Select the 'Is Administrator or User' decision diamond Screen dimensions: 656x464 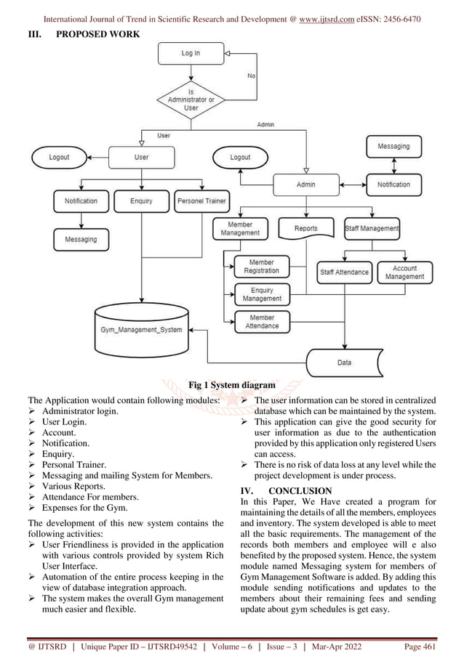click(191, 100)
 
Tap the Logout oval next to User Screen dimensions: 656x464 click(59, 157)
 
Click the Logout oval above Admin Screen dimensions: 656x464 click(240, 157)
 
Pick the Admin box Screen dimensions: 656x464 click(305, 185)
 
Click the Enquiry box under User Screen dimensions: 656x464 click(141, 201)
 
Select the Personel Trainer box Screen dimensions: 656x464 click(200, 201)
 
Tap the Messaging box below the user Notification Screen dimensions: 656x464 click(81, 239)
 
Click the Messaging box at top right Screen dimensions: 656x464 click(393, 146)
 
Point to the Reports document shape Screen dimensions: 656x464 click(305, 229)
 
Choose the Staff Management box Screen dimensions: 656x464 click(372, 229)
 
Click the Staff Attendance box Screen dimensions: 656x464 click(345, 272)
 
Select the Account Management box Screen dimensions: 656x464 click(404, 272)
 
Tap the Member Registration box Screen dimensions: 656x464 click(262, 266)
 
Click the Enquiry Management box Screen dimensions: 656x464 click(262, 294)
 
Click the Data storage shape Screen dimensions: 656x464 click(345, 361)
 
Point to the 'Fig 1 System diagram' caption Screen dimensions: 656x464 click(231, 384)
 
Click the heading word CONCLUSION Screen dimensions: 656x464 click(300, 490)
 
